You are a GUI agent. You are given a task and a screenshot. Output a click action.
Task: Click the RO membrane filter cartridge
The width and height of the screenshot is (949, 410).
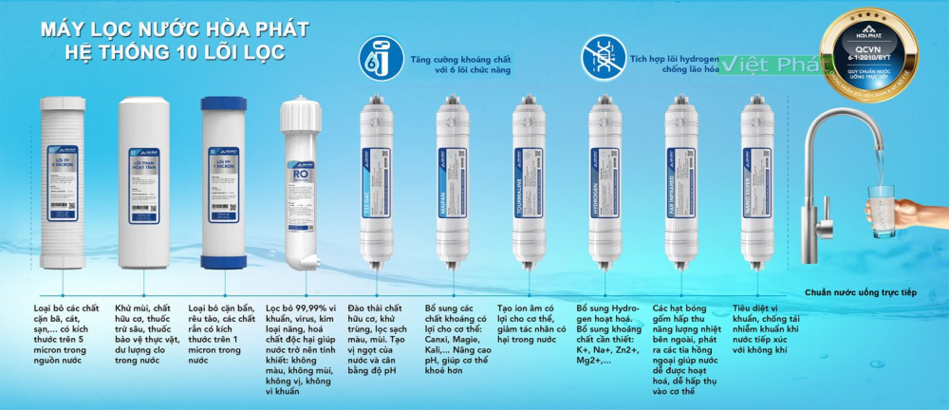coord(305,180)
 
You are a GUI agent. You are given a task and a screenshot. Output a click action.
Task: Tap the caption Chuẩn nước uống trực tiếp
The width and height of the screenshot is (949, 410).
coord(864,293)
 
